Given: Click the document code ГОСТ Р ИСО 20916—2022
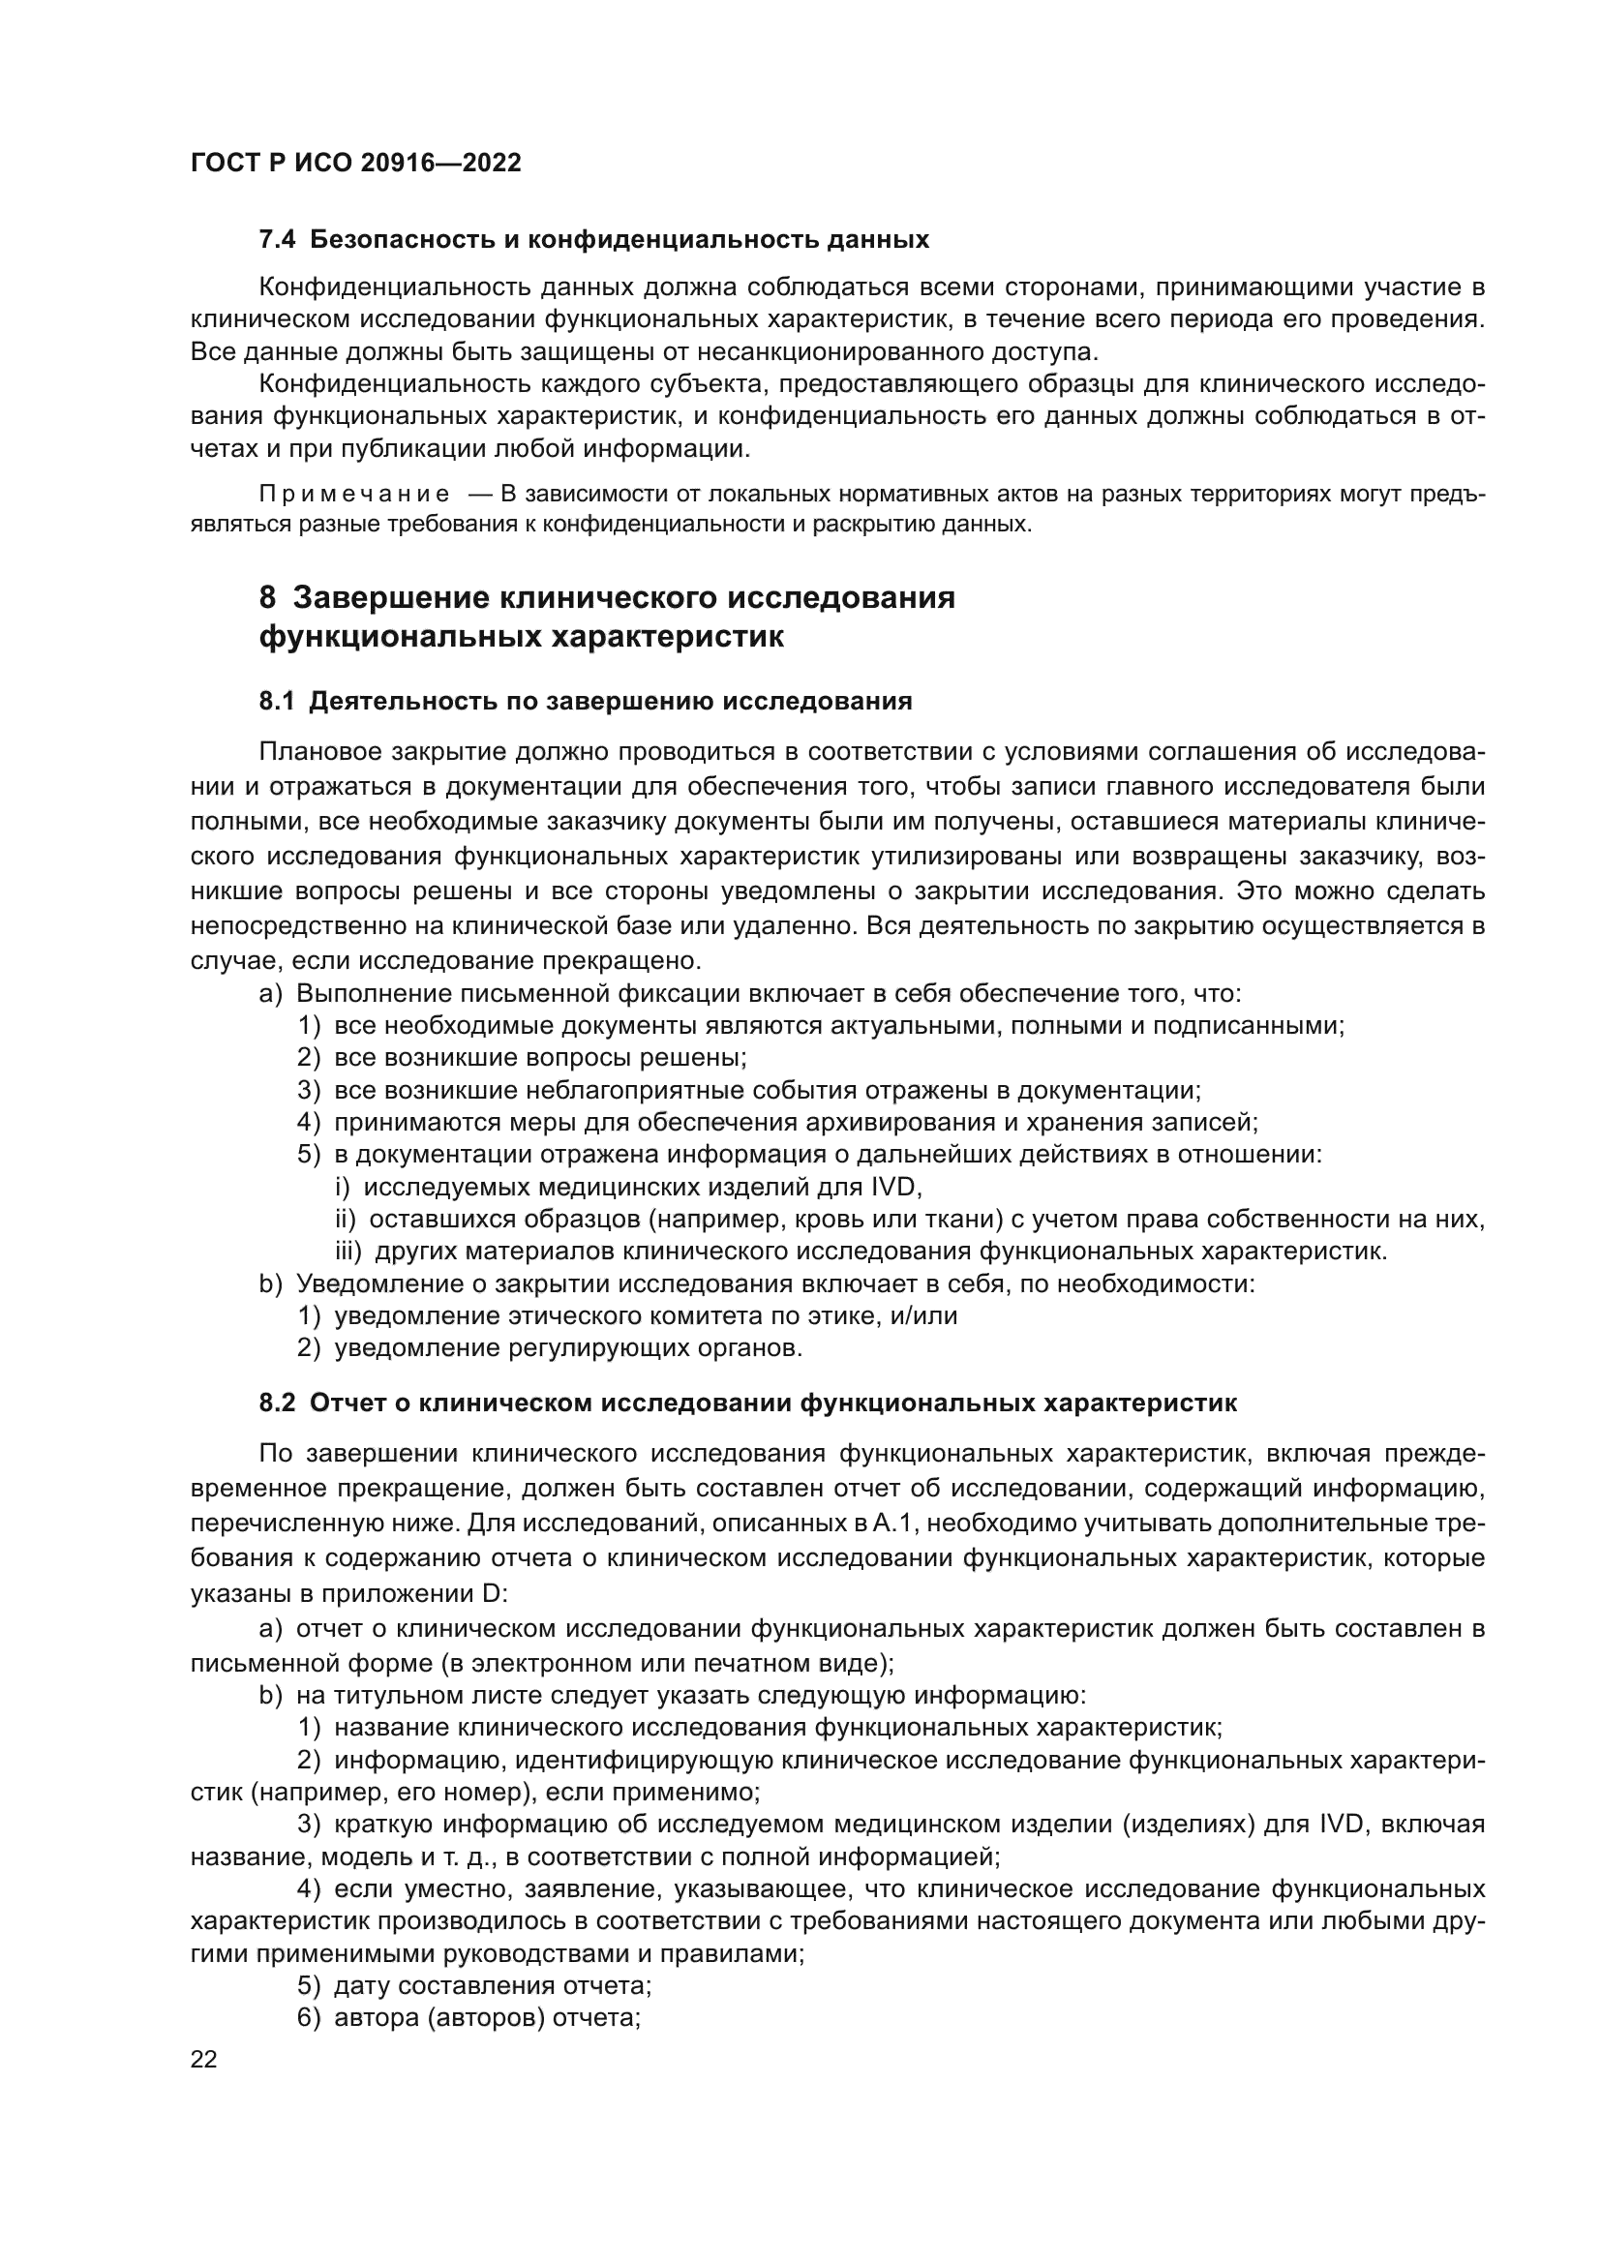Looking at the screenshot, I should pos(355,164).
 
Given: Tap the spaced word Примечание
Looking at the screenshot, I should pos(354,494).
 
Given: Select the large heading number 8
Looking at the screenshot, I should pos(267,597).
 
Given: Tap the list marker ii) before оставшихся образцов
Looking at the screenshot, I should pos(345,1220).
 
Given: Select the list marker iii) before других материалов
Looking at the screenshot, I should pos(348,1253).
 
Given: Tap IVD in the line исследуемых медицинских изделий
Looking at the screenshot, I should pos(892,1188).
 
